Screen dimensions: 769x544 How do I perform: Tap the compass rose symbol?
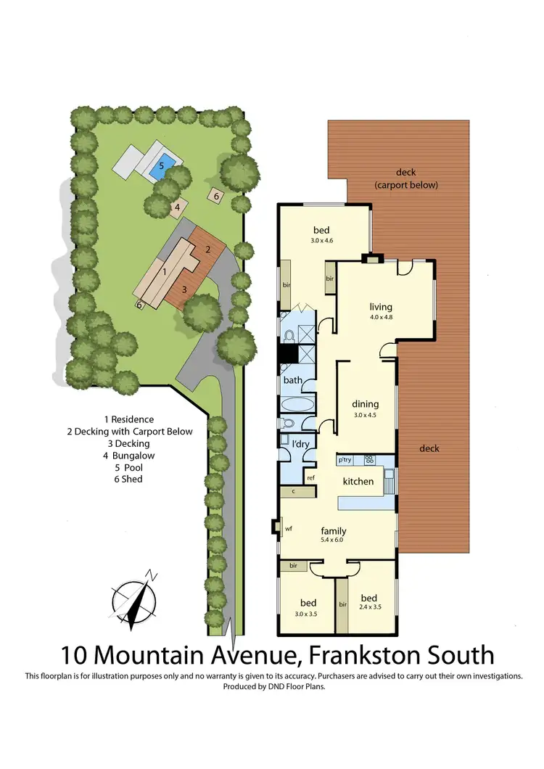134,599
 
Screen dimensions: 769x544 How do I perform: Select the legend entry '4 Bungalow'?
129,456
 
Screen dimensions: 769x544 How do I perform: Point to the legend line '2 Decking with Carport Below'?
129,431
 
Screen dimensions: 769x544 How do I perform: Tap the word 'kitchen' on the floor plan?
358,481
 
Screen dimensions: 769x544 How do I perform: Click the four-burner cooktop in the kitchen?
368,459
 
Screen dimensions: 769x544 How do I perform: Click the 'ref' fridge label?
310,477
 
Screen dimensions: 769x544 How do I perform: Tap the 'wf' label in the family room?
288,529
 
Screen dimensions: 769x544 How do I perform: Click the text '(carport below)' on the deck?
406,185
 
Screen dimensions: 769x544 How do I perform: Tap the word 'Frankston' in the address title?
370,655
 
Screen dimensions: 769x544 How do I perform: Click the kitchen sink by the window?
390,480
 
